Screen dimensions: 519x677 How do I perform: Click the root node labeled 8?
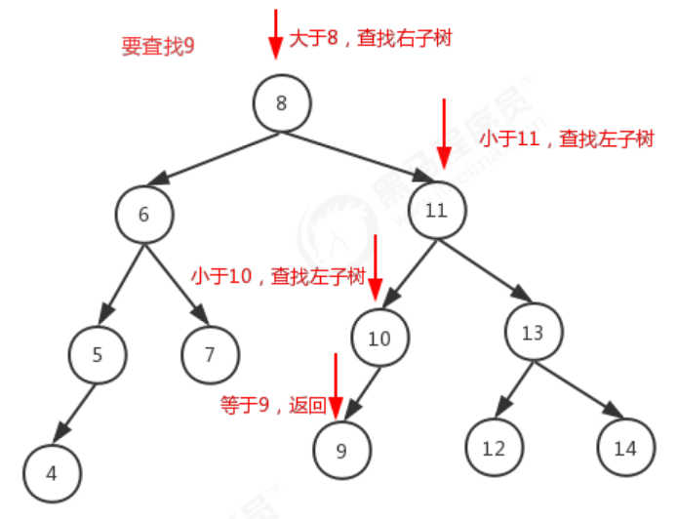point(281,102)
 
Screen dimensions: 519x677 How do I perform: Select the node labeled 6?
point(143,214)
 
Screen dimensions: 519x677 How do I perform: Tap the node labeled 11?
point(436,211)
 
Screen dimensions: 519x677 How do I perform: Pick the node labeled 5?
point(98,354)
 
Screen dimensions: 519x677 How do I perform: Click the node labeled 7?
point(209,354)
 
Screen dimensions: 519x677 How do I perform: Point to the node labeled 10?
point(379,338)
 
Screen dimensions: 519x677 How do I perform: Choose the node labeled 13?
point(533,333)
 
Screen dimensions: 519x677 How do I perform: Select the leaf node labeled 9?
point(340,450)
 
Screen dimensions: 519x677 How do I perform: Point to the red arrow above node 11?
point(444,132)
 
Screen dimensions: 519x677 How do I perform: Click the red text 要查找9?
point(157,46)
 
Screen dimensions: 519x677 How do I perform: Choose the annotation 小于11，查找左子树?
point(566,140)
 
